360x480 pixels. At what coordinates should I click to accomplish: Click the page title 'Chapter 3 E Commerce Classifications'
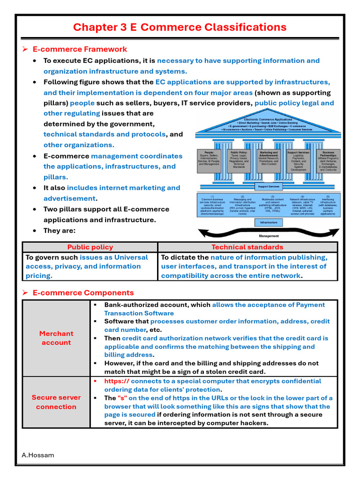point(180,27)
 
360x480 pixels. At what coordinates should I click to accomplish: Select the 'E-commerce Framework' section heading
point(80,49)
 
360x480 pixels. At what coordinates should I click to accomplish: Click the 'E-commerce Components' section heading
point(83,293)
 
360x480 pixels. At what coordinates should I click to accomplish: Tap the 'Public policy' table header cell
point(90,247)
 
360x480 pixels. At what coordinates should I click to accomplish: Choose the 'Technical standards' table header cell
point(247,247)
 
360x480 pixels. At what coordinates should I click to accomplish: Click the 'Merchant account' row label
point(56,338)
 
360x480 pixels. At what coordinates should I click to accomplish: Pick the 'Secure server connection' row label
point(56,402)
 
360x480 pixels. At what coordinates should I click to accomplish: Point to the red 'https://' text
point(117,381)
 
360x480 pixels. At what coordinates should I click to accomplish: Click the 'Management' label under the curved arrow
point(269,236)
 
